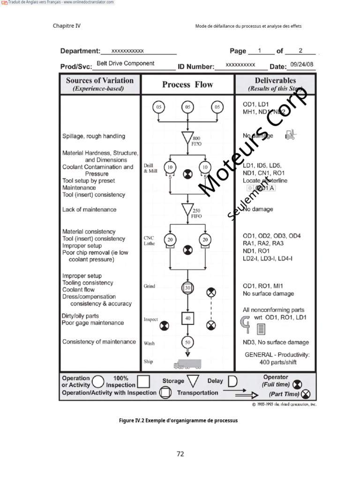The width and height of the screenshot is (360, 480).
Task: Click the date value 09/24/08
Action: (302, 65)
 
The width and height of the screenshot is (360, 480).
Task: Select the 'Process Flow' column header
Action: (187, 85)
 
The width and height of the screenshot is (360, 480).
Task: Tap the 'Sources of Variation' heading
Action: (100, 81)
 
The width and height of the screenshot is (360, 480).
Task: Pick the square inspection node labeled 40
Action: (187, 318)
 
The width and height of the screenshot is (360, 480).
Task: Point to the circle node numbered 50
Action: (187, 342)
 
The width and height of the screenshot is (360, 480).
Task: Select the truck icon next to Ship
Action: (187, 364)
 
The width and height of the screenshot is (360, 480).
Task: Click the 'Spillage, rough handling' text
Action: (94, 136)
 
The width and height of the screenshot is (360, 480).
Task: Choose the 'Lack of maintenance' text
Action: (90, 210)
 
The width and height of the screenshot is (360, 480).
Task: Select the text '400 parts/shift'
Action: (277, 362)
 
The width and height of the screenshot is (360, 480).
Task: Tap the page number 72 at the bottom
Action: (180, 454)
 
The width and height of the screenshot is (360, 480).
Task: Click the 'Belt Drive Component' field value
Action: (126, 64)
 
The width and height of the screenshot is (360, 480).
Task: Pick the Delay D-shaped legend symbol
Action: (232, 381)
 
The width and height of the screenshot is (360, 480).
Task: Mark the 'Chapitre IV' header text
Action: (67, 26)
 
